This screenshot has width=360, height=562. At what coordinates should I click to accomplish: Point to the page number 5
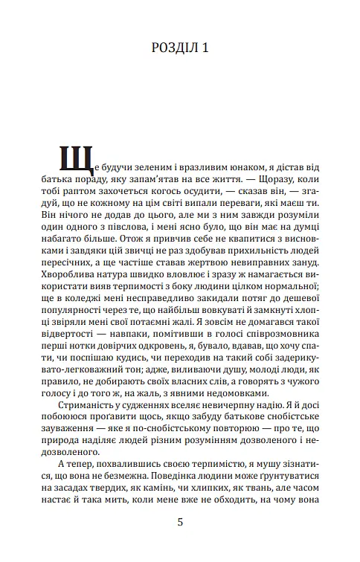(180, 522)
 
